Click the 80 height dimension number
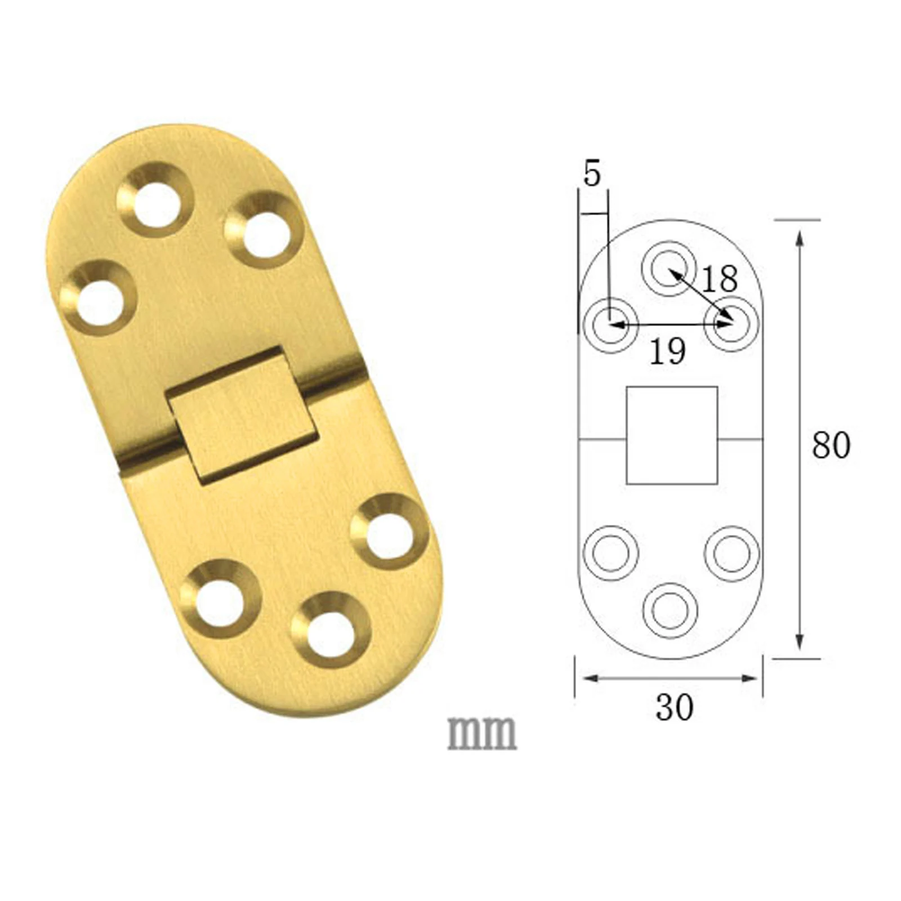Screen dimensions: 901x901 pos(831,445)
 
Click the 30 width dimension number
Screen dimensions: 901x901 pos(674,707)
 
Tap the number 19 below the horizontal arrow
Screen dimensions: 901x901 pos(667,351)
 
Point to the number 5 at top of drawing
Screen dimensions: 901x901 pos(592,174)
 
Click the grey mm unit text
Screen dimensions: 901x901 pos(482,733)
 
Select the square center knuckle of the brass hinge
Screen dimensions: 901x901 pos(240,416)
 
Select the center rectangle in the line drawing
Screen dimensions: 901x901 pos(672,435)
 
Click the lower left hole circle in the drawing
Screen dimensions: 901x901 pos(610,553)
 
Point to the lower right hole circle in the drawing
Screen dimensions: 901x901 pos(731,553)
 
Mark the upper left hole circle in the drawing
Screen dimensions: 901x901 pos(610,325)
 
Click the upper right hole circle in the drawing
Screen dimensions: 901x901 pos(731,325)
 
